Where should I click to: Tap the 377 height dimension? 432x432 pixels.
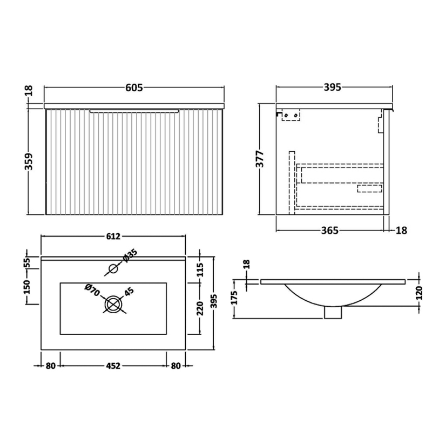[x=259, y=159]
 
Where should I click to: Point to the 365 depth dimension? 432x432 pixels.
[x=329, y=231]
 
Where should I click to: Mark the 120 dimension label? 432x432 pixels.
[x=420, y=296]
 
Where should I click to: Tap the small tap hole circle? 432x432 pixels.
[x=113, y=268]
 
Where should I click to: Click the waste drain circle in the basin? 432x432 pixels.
[x=113, y=304]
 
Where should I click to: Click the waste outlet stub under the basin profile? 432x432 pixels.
[x=334, y=313]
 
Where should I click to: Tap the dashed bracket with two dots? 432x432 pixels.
[x=291, y=115]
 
